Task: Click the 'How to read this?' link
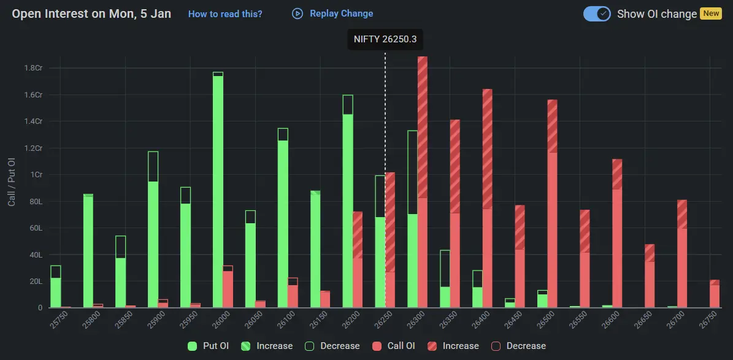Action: click(225, 13)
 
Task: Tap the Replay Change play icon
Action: click(297, 13)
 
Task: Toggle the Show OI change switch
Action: click(596, 13)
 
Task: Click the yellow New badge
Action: click(711, 13)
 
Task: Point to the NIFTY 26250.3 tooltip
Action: click(385, 39)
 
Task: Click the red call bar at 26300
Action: click(423, 184)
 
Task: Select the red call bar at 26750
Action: click(715, 294)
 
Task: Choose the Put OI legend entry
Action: click(209, 346)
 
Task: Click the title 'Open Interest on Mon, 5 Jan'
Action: click(91, 13)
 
